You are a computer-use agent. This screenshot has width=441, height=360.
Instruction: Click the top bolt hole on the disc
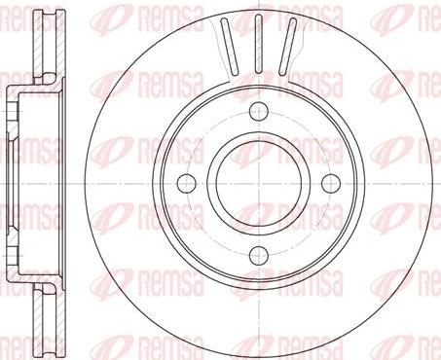tap(259, 111)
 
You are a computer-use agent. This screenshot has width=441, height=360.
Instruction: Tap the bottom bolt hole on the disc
tap(259, 254)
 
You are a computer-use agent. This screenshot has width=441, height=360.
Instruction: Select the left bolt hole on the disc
tap(187, 183)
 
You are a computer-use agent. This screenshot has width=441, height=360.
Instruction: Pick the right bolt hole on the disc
tap(331, 183)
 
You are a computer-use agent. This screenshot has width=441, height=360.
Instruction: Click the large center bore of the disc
tap(259, 183)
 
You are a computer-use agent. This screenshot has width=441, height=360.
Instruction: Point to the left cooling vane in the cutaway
tap(229, 45)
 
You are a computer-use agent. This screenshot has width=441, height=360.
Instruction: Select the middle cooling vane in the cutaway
tap(259, 44)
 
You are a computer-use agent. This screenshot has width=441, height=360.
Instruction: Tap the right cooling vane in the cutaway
tap(287, 45)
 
